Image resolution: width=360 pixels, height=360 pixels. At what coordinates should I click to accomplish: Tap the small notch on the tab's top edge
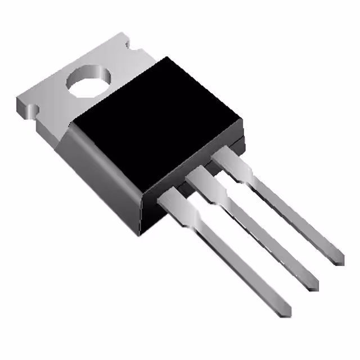[x=128, y=43]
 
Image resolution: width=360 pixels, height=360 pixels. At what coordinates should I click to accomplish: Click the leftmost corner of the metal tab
[x=17, y=101]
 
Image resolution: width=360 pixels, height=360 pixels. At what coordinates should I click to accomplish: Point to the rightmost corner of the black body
[x=242, y=121]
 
